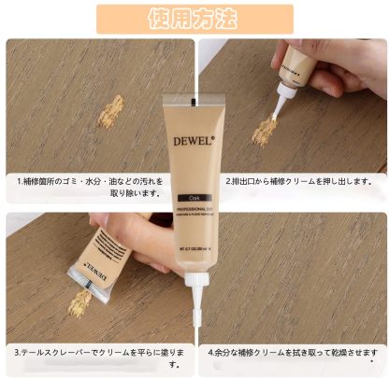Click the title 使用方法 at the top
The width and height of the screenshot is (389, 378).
click(194, 18)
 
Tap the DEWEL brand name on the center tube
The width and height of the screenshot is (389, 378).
click(194, 141)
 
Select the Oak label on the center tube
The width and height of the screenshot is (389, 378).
click(193, 198)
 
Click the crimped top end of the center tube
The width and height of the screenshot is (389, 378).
click(194, 98)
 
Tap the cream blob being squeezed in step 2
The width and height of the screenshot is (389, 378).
click(265, 130)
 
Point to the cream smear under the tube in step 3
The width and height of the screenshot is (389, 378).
click(79, 301)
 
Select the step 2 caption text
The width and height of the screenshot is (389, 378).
click(298, 181)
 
